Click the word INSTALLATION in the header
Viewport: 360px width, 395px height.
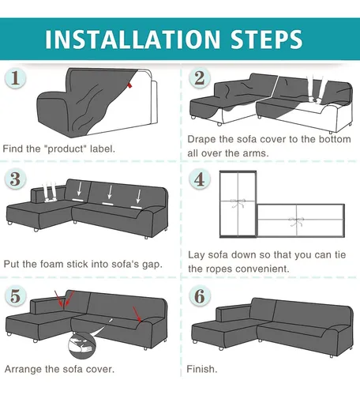(x=133, y=39)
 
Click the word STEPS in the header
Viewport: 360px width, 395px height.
(x=267, y=39)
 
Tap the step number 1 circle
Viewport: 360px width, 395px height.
(x=15, y=78)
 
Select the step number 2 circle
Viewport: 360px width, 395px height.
(x=200, y=78)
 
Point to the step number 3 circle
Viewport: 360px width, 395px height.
(x=15, y=179)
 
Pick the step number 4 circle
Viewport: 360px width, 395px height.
(x=200, y=179)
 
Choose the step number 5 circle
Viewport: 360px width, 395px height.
(x=15, y=295)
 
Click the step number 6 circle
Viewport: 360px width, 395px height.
(x=200, y=295)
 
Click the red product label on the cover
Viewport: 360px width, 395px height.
(x=129, y=85)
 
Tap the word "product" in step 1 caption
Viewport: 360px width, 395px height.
(x=66, y=149)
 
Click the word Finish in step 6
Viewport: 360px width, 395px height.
(x=201, y=369)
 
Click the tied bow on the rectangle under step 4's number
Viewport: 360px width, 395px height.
(x=238, y=203)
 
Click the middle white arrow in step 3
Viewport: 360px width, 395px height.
(x=110, y=192)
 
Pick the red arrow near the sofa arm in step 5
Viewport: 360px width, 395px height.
(x=137, y=314)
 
